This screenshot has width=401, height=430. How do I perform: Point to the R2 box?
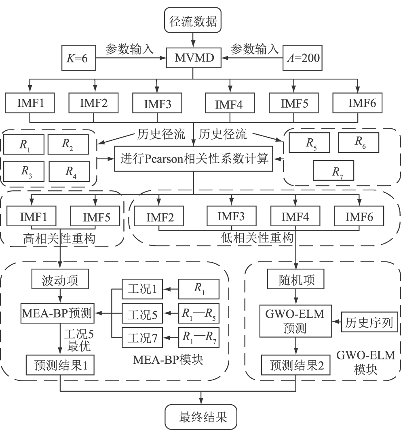[x=68, y=144]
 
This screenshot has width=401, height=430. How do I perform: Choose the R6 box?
[x=359, y=142]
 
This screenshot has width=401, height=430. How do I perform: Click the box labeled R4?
[x=69, y=171]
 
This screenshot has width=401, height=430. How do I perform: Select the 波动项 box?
[x=60, y=280]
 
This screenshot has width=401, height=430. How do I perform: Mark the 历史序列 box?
[x=370, y=323]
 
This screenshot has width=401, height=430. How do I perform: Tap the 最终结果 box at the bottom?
[x=200, y=416]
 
